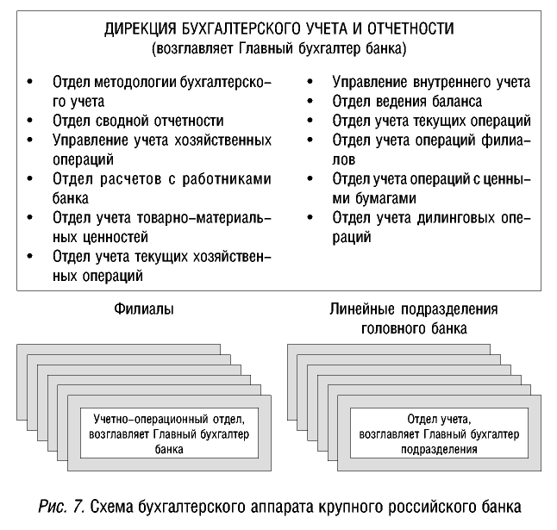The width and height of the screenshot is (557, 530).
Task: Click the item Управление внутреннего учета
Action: [x=431, y=84]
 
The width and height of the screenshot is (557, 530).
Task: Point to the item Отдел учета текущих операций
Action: [x=431, y=121]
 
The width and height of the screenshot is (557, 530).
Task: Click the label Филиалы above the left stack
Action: [x=138, y=308]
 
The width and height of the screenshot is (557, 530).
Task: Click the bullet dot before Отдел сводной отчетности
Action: [x=31, y=121]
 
